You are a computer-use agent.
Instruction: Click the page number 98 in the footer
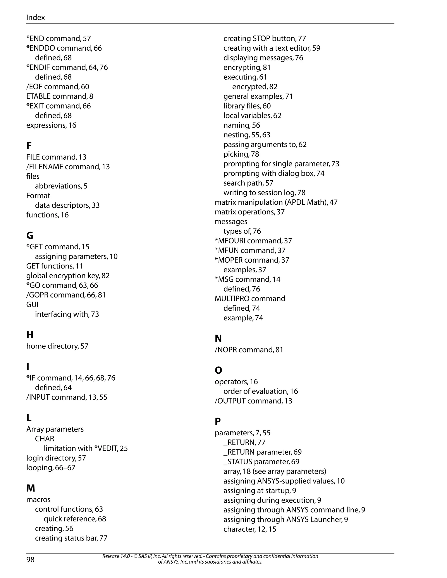pos(31,559)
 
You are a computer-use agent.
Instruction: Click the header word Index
pos(36,17)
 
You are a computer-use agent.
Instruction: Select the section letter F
pos(29,145)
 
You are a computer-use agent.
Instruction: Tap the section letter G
pos(30,235)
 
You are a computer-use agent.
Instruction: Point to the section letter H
pos(30,335)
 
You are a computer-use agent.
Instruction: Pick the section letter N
pos(218,338)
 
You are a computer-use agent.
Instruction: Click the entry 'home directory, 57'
pos(57,346)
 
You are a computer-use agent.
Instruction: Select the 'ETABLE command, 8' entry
pos(60,96)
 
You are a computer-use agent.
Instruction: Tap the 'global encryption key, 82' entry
pos(68,276)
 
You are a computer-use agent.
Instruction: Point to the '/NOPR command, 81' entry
pos(249,350)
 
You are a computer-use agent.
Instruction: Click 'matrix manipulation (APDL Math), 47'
pos(276,202)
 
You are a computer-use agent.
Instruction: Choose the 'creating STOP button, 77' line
pos(265,39)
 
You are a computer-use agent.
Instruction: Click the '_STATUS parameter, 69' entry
pos(261,462)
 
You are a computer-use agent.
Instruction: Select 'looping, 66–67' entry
pos(51,468)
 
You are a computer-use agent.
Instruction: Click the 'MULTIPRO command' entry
pos(250,299)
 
